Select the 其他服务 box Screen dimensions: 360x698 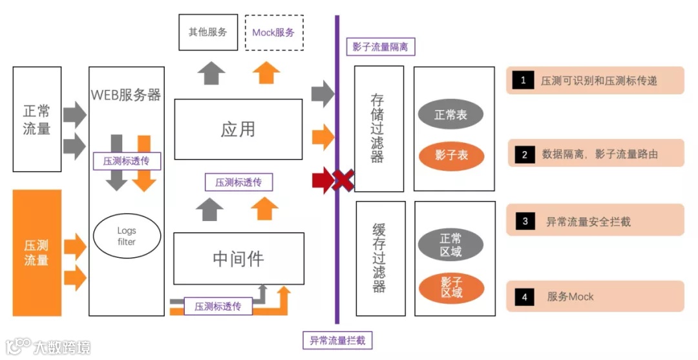[207, 32]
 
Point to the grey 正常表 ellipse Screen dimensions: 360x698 [450, 115]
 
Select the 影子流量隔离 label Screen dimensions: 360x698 [380, 47]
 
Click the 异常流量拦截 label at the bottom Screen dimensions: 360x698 [337, 340]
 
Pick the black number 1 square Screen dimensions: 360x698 [523, 81]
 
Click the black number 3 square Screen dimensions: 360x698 [524, 222]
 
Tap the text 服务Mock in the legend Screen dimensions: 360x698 [570, 297]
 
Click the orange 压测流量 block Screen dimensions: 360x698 [37, 253]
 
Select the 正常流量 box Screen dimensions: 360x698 [37, 120]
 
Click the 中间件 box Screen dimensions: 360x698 [238, 259]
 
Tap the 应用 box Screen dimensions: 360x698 [238, 129]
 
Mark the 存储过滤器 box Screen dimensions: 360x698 [379, 128]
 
